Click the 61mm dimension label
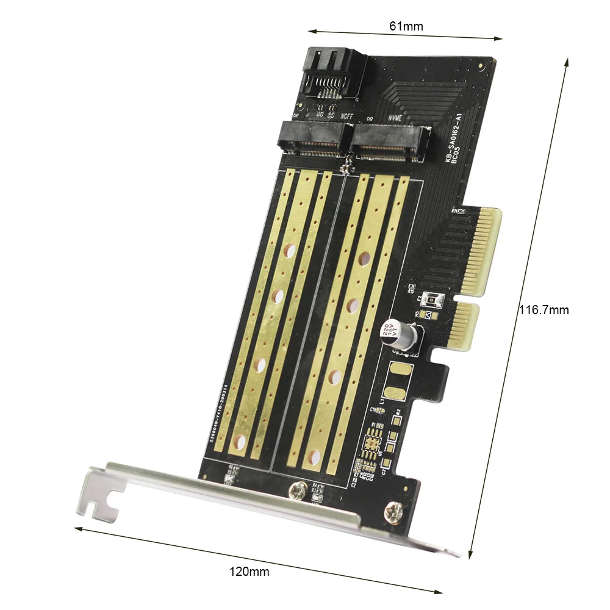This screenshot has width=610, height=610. [406, 26]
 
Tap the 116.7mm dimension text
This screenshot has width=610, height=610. [544, 310]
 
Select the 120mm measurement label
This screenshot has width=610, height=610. [249, 572]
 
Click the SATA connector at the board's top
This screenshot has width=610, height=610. [333, 74]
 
